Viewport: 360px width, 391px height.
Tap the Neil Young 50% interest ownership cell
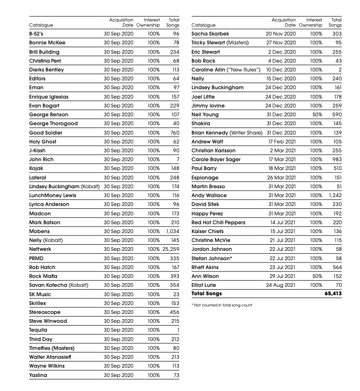tap(317, 114)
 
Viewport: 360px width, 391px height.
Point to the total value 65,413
tap(333, 294)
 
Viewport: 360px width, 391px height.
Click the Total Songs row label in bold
tap(207, 294)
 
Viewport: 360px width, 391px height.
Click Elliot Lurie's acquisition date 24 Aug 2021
tap(281, 285)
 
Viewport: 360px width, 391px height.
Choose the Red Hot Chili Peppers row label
tap(218, 222)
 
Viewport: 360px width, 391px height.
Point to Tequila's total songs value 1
tap(178, 330)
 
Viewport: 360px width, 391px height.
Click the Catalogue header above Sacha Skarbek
tap(203, 25)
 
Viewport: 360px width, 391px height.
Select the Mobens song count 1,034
tap(173, 231)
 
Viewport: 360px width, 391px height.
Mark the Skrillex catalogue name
tap(37, 303)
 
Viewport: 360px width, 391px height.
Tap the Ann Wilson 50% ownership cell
tap(317, 276)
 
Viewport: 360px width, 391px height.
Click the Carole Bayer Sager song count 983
tap(337, 159)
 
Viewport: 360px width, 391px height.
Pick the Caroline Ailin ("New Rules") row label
tap(226, 70)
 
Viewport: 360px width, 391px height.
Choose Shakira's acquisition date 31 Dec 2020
tap(281, 123)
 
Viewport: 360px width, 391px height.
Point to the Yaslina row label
tap(38, 375)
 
